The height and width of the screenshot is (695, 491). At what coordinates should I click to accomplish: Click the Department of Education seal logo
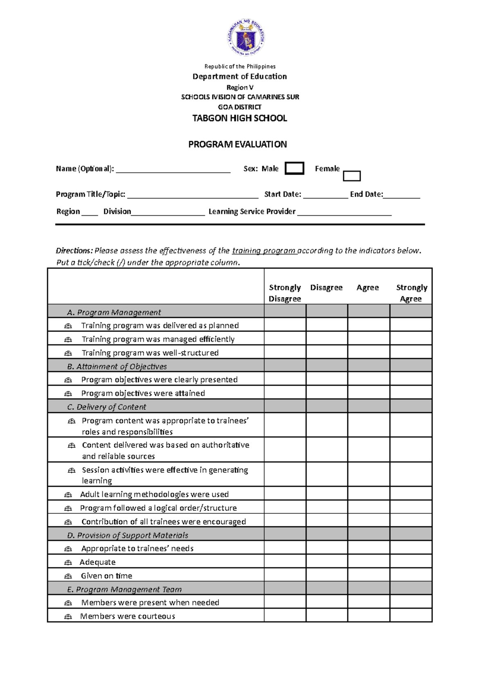pyautogui.click(x=246, y=38)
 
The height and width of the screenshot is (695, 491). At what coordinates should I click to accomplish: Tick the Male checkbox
pyautogui.click(x=294, y=168)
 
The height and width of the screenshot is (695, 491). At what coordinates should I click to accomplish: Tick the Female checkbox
pyautogui.click(x=351, y=176)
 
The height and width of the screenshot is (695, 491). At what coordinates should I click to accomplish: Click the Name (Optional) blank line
pyautogui.click(x=173, y=170)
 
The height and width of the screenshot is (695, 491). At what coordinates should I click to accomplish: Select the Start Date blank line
pyautogui.click(x=325, y=195)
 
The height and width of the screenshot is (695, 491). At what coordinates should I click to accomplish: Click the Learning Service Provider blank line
pyautogui.click(x=344, y=212)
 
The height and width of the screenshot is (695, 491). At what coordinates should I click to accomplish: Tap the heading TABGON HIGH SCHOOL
pyautogui.click(x=240, y=118)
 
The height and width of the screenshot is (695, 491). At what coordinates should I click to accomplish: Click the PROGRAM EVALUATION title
pyautogui.click(x=237, y=144)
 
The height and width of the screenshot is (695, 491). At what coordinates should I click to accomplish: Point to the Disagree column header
pyautogui.click(x=326, y=287)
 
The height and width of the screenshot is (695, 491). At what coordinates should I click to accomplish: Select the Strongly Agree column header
pyautogui.click(x=411, y=293)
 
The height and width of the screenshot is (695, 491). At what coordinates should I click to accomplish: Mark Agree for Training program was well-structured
pyautogui.click(x=368, y=352)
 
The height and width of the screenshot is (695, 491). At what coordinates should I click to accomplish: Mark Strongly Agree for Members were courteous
pyautogui.click(x=411, y=616)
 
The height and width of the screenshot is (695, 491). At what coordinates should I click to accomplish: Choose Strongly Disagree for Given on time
pyautogui.click(x=285, y=575)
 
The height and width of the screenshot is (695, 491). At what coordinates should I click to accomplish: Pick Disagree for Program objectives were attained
pyautogui.click(x=327, y=393)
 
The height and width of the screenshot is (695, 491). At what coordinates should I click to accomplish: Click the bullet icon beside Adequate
pyautogui.click(x=68, y=562)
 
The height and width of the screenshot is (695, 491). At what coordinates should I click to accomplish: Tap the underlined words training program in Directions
pyautogui.click(x=264, y=251)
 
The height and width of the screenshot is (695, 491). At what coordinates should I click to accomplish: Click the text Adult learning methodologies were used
pyautogui.click(x=154, y=494)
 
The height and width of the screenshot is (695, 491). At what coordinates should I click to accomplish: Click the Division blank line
pyautogui.click(x=168, y=212)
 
